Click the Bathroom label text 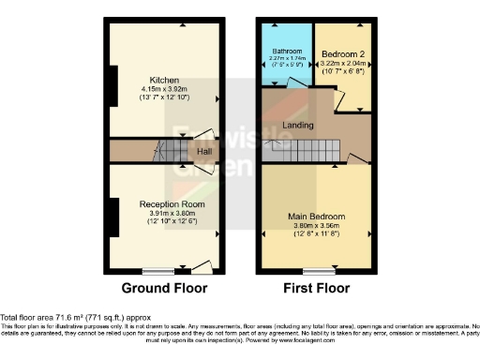pyautogui.click(x=287, y=51)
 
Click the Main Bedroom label pyautogui.click(x=316, y=216)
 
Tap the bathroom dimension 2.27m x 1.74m pyautogui.click(x=287, y=58)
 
